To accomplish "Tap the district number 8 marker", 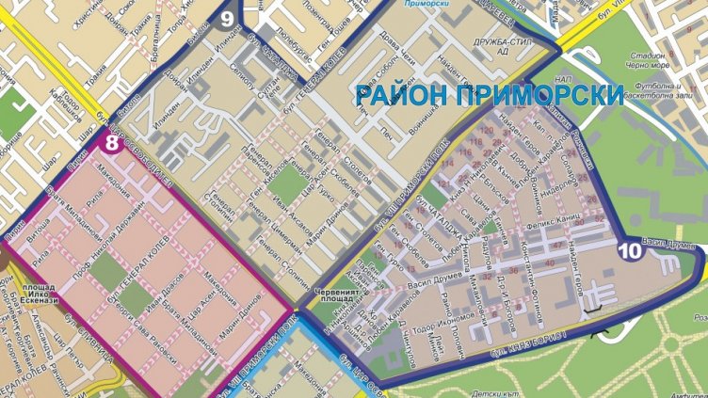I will [x=112, y=144].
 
